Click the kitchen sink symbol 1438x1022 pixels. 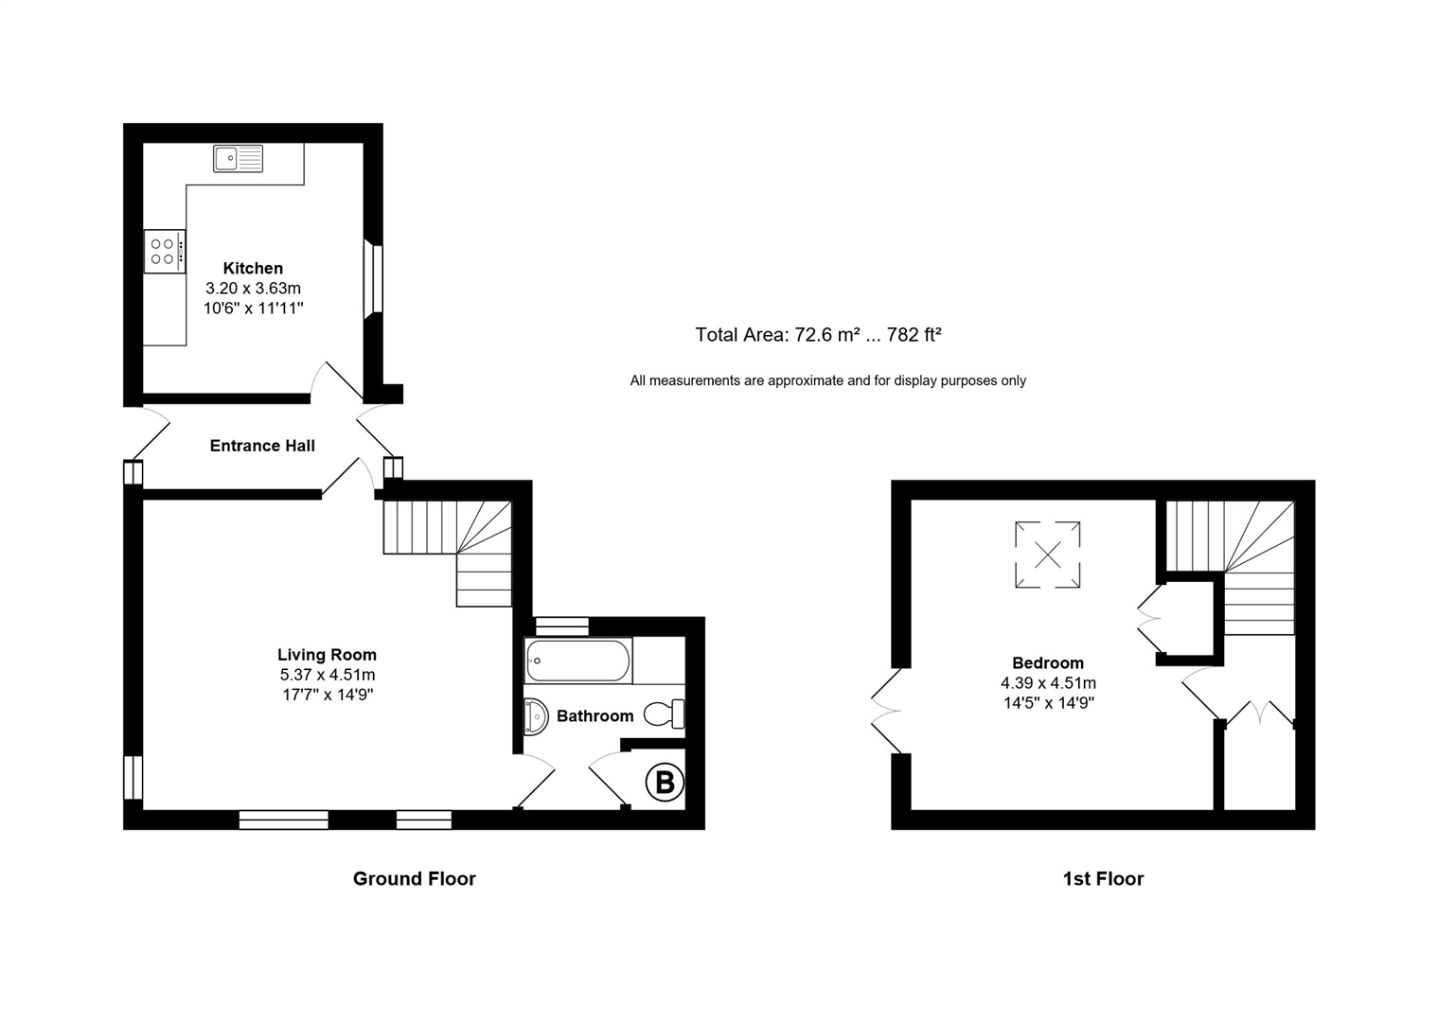coord(238,158)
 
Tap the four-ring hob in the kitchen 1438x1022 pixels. coord(163,252)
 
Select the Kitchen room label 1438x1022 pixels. coord(253,269)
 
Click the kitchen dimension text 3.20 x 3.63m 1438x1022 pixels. coord(253,289)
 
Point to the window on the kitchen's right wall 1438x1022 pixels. coord(374,278)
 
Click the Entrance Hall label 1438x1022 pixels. coord(262,446)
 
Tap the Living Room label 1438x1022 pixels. coord(327,655)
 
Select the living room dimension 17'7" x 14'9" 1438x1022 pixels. coord(327,695)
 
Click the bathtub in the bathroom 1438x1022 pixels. coord(577,661)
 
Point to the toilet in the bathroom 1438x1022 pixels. coord(666,714)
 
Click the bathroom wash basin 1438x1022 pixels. coord(535,716)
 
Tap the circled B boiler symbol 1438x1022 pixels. coord(665,783)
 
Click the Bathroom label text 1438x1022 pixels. coord(595,716)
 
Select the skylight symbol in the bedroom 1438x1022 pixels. coord(1047,555)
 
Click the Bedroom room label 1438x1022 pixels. coord(1047,663)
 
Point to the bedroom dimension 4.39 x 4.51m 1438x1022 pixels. coord(1047,683)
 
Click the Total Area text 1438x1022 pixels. coord(818,335)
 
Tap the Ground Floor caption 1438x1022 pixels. coord(414,879)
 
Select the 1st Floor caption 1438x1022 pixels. coord(1103,879)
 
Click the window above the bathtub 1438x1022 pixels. coord(561,626)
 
